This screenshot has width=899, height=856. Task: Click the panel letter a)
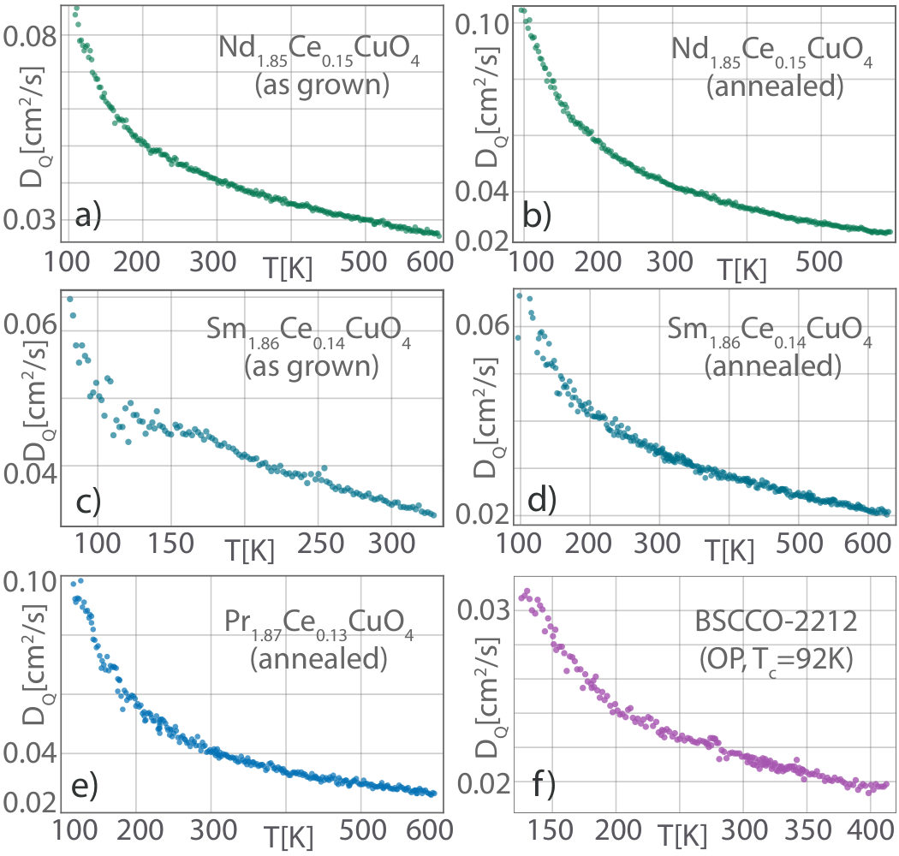(x=87, y=216)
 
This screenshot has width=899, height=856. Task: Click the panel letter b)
(x=537, y=216)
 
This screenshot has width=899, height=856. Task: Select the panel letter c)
(x=88, y=501)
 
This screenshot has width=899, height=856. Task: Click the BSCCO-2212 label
(x=776, y=621)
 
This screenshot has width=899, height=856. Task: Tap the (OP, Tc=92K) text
(x=776, y=660)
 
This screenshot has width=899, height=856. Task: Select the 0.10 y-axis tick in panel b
(x=482, y=25)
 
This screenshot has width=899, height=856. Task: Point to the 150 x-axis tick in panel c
(x=171, y=543)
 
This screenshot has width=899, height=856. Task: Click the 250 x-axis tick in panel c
(x=320, y=543)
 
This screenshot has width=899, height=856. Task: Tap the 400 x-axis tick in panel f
(x=871, y=829)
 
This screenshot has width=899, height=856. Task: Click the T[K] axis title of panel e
(x=289, y=837)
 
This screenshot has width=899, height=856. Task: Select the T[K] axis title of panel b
(x=742, y=268)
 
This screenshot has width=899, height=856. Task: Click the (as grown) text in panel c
(x=312, y=366)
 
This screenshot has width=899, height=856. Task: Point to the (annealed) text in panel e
(x=319, y=659)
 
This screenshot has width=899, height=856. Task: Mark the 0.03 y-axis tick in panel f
(x=484, y=609)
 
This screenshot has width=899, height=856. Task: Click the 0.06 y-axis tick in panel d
(x=482, y=325)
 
